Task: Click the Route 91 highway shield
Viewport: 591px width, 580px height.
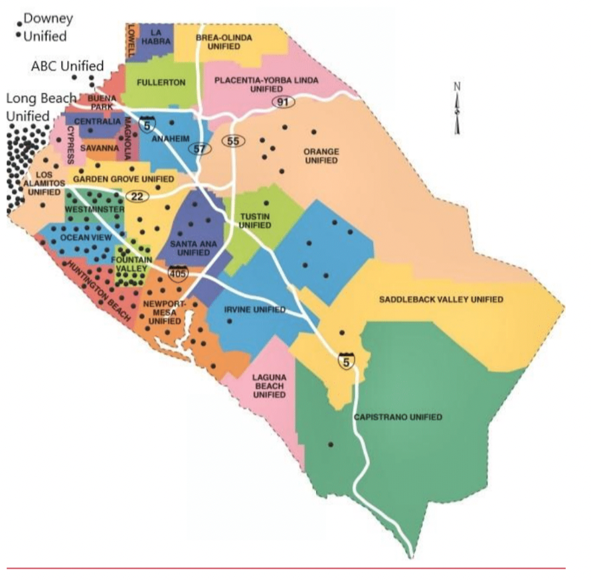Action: pyautogui.click(x=282, y=102)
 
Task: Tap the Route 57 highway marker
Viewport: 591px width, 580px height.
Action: pyautogui.click(x=199, y=149)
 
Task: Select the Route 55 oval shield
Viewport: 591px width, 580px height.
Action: pyautogui.click(x=233, y=141)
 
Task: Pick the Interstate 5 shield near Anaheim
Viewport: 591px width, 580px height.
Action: pyautogui.click(x=146, y=123)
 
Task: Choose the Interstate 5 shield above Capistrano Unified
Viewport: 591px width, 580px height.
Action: pyautogui.click(x=345, y=362)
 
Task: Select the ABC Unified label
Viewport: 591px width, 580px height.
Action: pyautogui.click(x=67, y=66)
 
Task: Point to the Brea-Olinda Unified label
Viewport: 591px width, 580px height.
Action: pyautogui.click(x=224, y=42)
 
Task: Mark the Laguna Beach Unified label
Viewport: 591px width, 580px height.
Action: pyautogui.click(x=269, y=386)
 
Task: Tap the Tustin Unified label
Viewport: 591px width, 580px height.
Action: pyautogui.click(x=256, y=220)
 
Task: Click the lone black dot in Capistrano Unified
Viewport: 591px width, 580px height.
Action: pyautogui.click(x=331, y=445)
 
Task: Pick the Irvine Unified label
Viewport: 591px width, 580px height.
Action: pyautogui.click(x=255, y=310)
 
